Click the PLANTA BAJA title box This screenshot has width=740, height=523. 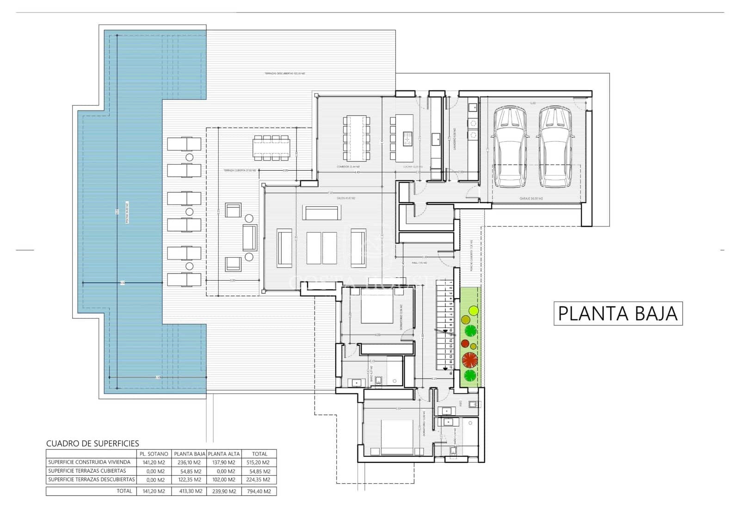click(x=618, y=313)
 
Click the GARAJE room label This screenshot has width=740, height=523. click(x=530, y=198)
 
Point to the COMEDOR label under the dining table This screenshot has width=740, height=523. click(x=348, y=167)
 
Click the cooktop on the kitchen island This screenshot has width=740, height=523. click(x=407, y=138)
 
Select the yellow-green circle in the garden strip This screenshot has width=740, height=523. click(x=473, y=310)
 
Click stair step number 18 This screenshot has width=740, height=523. click(x=450, y=373)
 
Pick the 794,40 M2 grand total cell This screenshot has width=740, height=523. click(x=259, y=491)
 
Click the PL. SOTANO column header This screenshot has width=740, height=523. click(x=154, y=454)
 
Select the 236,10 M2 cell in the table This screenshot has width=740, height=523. click(x=189, y=462)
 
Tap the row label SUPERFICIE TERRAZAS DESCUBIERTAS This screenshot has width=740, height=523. click(x=92, y=479)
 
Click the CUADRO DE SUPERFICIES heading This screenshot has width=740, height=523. click(x=92, y=443)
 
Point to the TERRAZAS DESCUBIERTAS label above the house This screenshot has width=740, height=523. click(x=284, y=74)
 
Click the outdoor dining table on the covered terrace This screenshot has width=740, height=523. click(x=271, y=147)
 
